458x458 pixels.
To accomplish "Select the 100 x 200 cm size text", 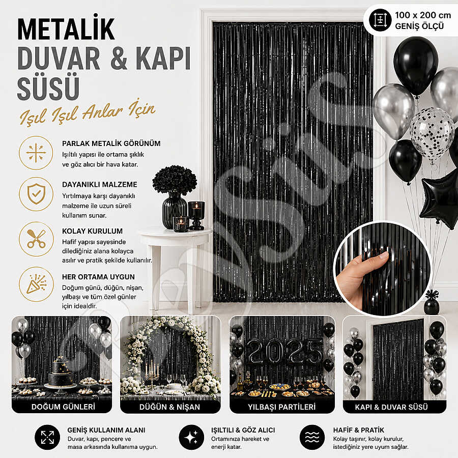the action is point(423,15).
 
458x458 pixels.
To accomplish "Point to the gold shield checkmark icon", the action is point(36,194).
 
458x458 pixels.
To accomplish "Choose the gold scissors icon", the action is point(36,239).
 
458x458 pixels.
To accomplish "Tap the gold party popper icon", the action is point(36,284).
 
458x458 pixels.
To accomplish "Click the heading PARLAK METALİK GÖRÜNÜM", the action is point(111,144).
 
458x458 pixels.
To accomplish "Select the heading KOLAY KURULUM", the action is point(92,231).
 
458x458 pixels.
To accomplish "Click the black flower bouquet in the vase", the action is point(175,179).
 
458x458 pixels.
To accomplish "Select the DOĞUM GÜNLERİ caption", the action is point(63,407).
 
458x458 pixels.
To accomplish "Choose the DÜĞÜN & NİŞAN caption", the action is point(169,407).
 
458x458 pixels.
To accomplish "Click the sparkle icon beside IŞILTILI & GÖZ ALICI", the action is point(191,437).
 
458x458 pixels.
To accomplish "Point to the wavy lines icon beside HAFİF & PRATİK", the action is point(312,437).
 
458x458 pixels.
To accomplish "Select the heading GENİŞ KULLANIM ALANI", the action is point(106,430).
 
